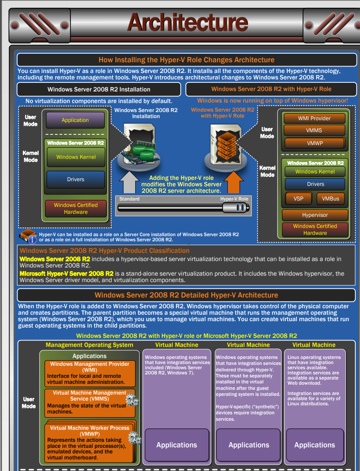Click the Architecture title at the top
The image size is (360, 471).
pyautogui.click(x=188, y=22)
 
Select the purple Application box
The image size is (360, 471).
pyautogui.click(x=75, y=120)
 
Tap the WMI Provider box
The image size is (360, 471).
pyautogui.click(x=315, y=119)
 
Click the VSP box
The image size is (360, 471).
pyautogui.click(x=298, y=199)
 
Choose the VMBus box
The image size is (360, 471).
pyautogui.click(x=330, y=199)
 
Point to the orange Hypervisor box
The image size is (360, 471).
pyautogui.click(x=315, y=215)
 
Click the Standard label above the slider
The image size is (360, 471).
pyautogui.click(x=129, y=199)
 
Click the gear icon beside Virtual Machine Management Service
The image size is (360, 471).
pyautogui.click(x=132, y=401)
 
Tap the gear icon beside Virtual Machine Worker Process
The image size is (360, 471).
pyautogui.click(x=134, y=438)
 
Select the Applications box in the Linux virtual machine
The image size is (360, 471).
pyautogui.click(x=314, y=445)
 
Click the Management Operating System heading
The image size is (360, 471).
pyautogui.click(x=89, y=345)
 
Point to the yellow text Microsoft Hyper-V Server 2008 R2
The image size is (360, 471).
pyautogui.click(x=67, y=273)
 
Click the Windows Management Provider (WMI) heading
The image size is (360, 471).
pyautogui.click(x=89, y=367)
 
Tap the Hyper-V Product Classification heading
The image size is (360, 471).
pyautogui.click(x=105, y=251)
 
